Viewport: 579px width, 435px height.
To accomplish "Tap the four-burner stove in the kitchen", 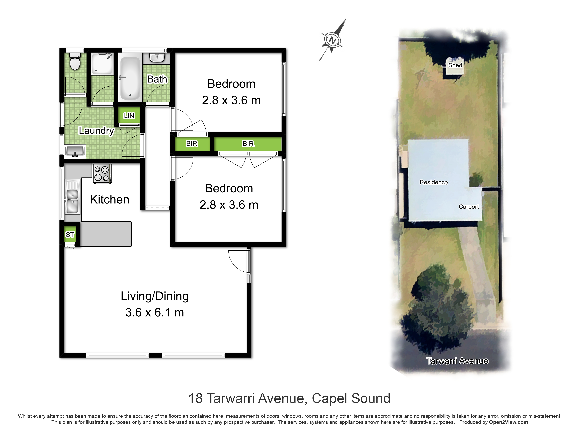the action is coord(102,174).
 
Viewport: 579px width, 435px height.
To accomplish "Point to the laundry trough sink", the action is coord(75,151).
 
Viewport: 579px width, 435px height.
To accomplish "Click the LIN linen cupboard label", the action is coord(129,116).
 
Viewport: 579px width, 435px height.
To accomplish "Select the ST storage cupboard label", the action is coord(70,235).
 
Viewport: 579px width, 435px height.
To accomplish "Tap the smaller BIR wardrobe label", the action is coord(192,143).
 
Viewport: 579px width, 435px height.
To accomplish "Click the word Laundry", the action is coord(97,131).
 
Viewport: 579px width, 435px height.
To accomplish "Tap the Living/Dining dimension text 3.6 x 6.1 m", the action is coord(155,312).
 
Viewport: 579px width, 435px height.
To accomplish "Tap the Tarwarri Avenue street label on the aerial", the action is coord(457,361).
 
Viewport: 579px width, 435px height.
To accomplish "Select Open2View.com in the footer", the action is coord(508,422).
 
